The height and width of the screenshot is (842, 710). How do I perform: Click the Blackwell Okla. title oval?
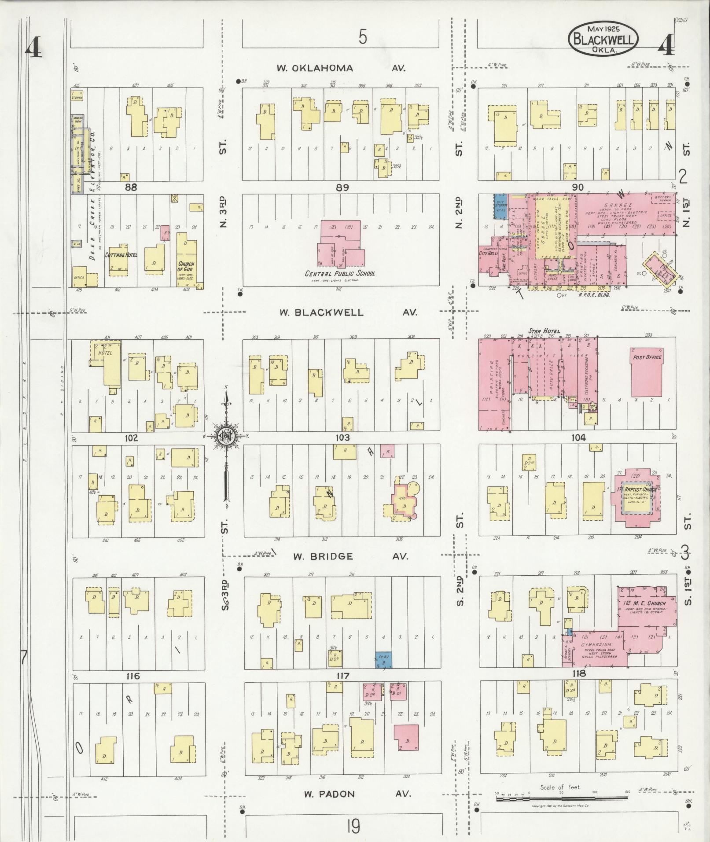[x=603, y=39]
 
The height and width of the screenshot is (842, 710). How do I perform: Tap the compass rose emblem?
[x=226, y=436]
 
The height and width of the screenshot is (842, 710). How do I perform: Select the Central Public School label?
[x=340, y=273]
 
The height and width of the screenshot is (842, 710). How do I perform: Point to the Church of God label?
[x=185, y=266]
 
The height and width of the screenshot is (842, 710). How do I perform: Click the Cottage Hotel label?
[x=121, y=255]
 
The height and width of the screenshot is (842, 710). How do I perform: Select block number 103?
[x=342, y=438]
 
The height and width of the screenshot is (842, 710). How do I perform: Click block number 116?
[x=132, y=676]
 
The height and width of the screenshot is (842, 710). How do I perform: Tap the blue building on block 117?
[x=383, y=661]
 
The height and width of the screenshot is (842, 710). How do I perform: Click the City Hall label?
[x=488, y=254]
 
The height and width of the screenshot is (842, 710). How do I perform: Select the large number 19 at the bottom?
[x=353, y=826]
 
